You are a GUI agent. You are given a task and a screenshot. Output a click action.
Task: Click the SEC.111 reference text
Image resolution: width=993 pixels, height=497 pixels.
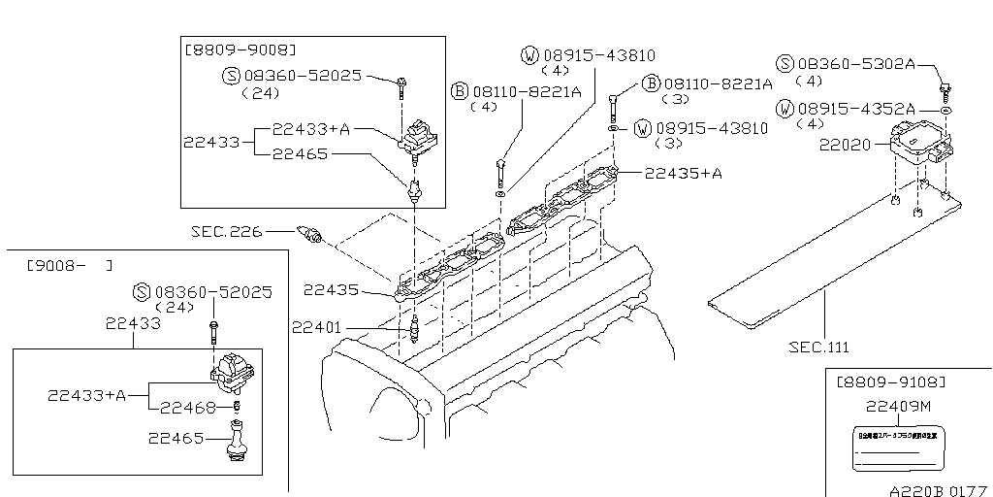click(824, 345)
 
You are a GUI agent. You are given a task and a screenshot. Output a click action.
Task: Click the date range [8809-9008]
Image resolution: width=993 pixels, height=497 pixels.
click(240, 48)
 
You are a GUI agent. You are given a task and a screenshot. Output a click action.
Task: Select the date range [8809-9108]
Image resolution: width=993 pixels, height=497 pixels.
click(891, 381)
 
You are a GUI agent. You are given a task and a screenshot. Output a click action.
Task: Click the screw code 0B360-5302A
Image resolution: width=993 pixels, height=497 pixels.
click(857, 63)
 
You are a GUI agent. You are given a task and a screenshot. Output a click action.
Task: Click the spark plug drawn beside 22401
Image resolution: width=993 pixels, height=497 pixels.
click(414, 329)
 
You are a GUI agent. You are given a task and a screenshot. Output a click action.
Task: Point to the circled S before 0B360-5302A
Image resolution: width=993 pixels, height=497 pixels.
click(785, 64)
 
